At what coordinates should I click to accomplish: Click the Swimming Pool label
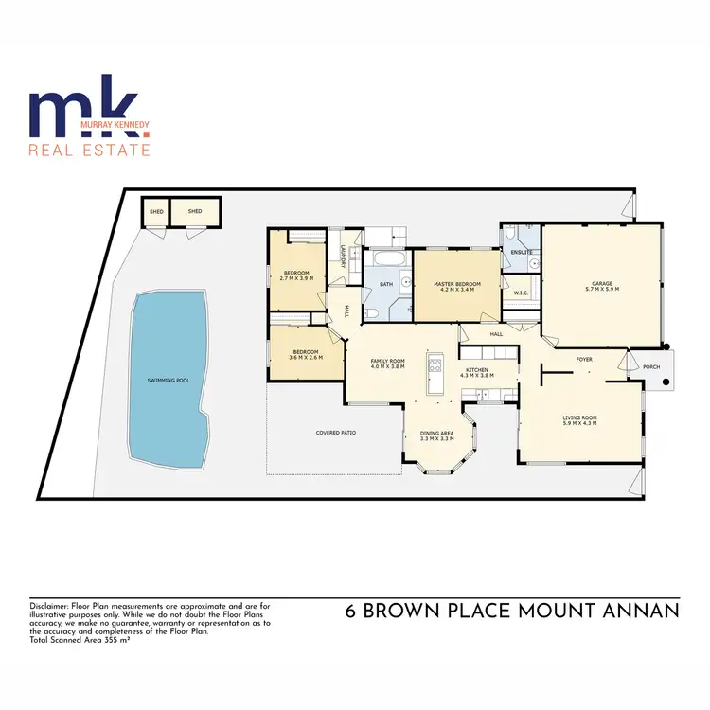pos(169,380)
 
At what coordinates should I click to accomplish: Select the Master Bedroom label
pos(457,285)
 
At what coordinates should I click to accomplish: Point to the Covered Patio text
pos(335,433)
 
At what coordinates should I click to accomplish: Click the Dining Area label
pos(437,434)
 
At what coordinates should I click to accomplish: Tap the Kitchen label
pos(476,370)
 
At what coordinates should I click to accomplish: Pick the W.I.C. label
pos(520,292)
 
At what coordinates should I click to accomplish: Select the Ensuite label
pos(522,254)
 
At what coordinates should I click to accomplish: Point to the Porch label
pos(651,367)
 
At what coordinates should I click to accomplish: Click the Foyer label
pos(585,360)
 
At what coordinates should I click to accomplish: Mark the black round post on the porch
pos(666,382)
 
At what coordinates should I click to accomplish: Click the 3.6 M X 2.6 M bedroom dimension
pos(304,358)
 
